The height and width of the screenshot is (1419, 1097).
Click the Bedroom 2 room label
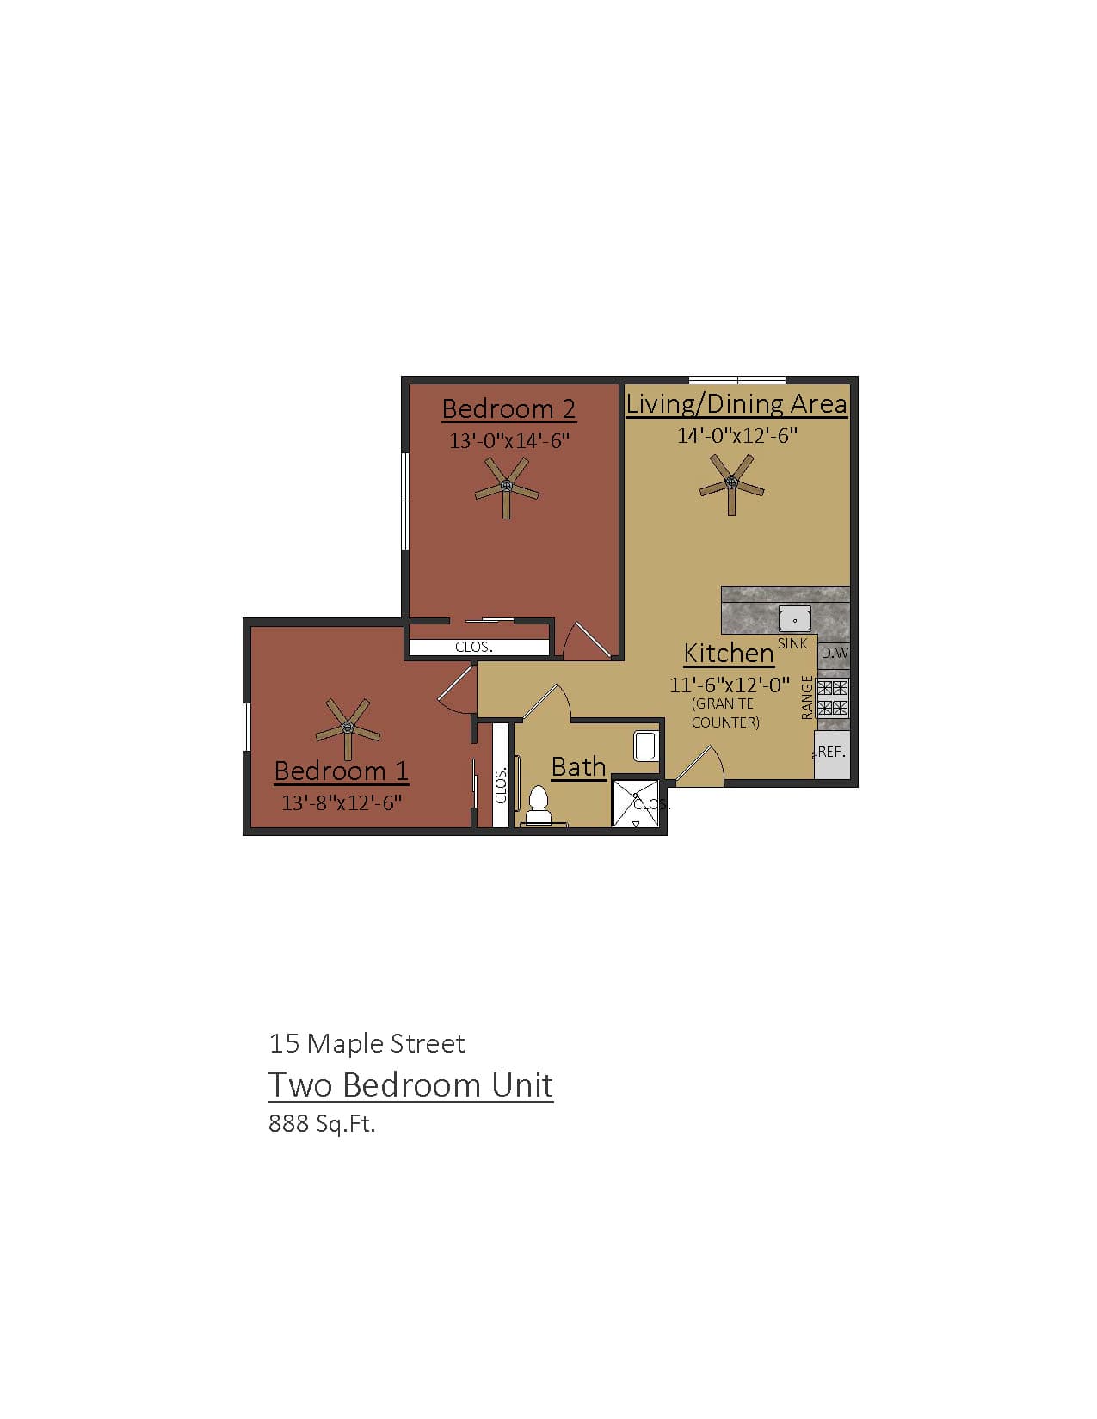pyautogui.click(x=508, y=408)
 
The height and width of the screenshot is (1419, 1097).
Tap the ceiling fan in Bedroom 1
pyautogui.click(x=348, y=728)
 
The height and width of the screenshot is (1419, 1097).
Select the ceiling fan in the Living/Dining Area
pyautogui.click(x=731, y=483)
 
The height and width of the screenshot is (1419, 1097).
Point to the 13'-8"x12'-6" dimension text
pyautogui.click(x=342, y=803)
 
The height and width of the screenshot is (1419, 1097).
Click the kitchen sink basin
pyautogui.click(x=795, y=618)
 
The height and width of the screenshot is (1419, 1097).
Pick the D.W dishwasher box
pyautogui.click(x=833, y=653)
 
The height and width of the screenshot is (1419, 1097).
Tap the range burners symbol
pyautogui.click(x=832, y=697)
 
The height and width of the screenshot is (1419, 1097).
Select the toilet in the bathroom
pyautogui.click(x=539, y=801)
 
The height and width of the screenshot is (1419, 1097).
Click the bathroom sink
pyautogui.click(x=645, y=745)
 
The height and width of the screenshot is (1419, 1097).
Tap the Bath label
pyautogui.click(x=578, y=766)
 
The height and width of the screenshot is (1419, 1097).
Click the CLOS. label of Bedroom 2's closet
pyautogui.click(x=474, y=647)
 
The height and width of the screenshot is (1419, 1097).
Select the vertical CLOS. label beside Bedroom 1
pyautogui.click(x=501, y=785)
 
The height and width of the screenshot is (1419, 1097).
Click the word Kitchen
pyautogui.click(x=729, y=654)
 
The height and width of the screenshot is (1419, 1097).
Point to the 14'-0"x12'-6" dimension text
pyautogui.click(x=737, y=435)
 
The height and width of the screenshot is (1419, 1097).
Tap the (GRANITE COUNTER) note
pyautogui.click(x=725, y=713)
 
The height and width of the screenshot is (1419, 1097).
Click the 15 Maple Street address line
pyautogui.click(x=367, y=1043)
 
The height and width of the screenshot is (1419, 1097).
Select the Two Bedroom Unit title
pyautogui.click(x=410, y=1084)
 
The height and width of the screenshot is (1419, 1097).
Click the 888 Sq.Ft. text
pyautogui.click(x=322, y=1123)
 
